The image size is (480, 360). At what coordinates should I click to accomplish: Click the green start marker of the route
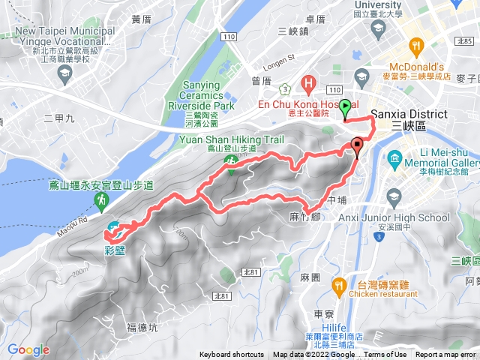344,107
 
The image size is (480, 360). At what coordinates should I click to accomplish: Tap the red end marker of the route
357,146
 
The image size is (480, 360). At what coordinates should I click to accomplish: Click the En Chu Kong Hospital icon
307,82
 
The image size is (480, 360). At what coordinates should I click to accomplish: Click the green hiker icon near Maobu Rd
100,199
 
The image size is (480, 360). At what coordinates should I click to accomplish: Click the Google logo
28,349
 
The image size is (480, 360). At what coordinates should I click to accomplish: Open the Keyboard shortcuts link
232,355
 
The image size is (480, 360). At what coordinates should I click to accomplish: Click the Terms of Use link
385,355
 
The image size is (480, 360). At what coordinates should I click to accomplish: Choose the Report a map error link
446,355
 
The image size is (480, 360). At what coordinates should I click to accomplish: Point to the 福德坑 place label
142,327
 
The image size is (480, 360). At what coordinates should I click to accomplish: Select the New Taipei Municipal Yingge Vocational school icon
64,72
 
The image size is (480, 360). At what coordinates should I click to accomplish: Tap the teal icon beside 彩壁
112,228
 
